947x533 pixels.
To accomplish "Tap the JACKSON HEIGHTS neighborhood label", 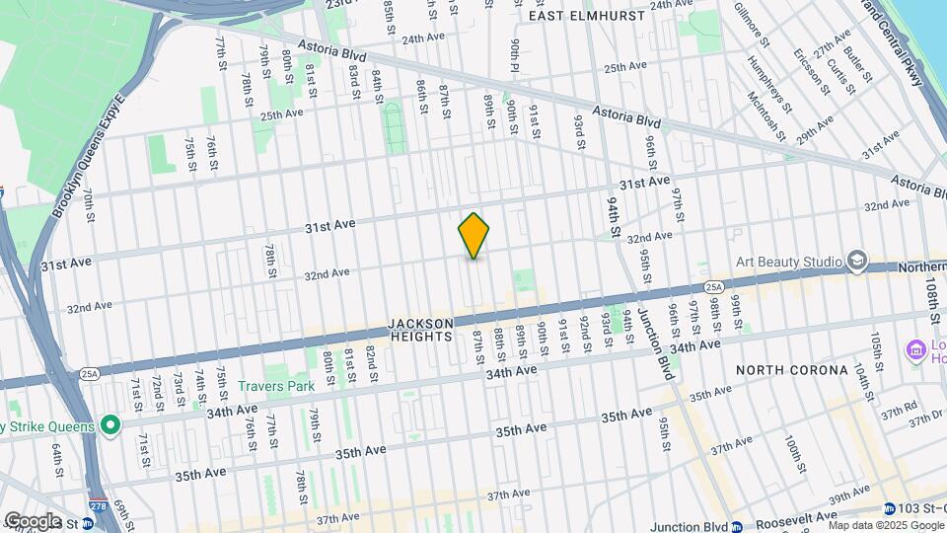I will click(x=421, y=330).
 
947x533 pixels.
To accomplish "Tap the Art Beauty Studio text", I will click(x=789, y=262).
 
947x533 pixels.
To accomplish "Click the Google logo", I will click(x=33, y=521).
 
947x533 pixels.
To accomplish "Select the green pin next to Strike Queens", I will click(x=109, y=426).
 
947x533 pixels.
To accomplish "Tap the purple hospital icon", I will click(x=915, y=348).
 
